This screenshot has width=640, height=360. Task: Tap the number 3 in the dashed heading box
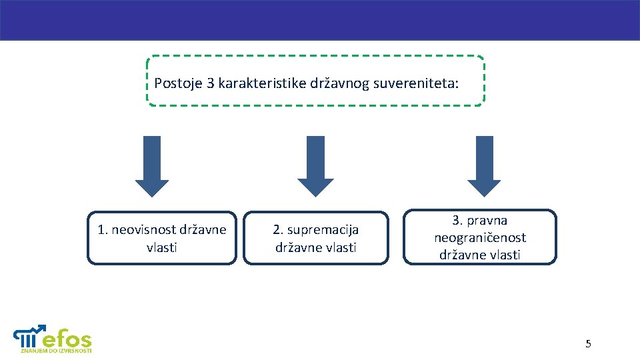coord(211,84)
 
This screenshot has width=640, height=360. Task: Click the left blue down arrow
coord(152,166)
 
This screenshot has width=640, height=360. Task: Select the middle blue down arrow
coord(315,166)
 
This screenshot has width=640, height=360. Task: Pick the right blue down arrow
coord(484,166)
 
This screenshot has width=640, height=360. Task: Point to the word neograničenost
coord(480,237)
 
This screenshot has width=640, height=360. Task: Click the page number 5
coord(588,344)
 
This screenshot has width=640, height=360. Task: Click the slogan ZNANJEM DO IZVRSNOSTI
coord(56,350)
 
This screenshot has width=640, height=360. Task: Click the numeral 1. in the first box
coord(103,230)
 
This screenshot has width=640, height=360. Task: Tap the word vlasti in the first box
coord(162,247)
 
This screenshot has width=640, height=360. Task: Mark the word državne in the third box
coord(461,255)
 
